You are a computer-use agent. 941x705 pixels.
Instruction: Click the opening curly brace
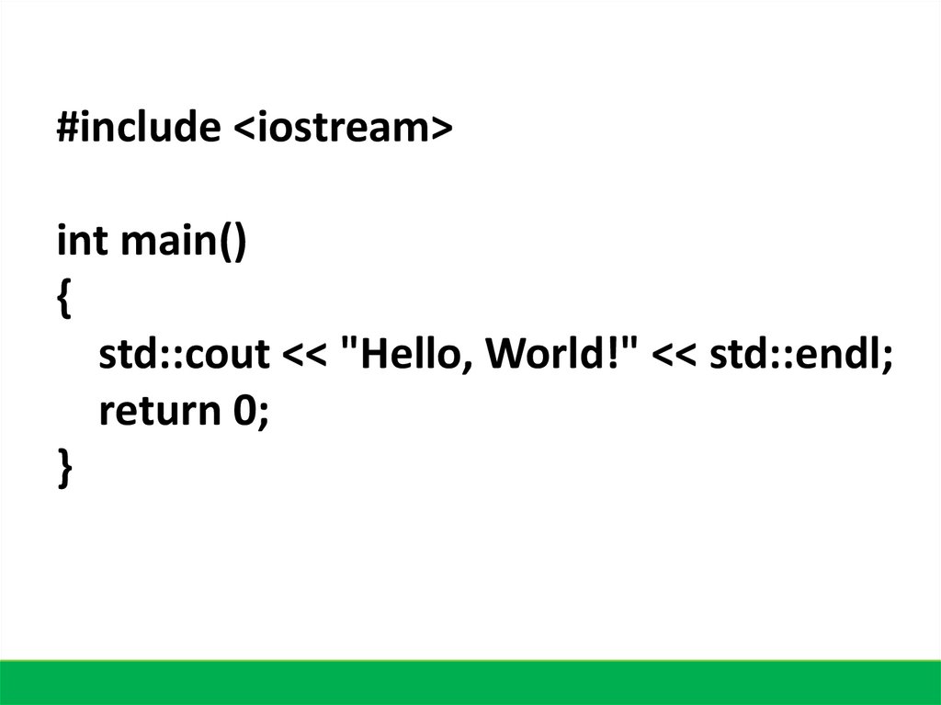pyautogui.click(x=62, y=300)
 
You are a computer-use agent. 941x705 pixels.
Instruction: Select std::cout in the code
pyautogui.click(x=185, y=355)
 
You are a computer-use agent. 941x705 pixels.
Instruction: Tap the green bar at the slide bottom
pyautogui.click(x=470, y=682)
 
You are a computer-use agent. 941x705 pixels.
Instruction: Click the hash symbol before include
pyautogui.click(x=66, y=128)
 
